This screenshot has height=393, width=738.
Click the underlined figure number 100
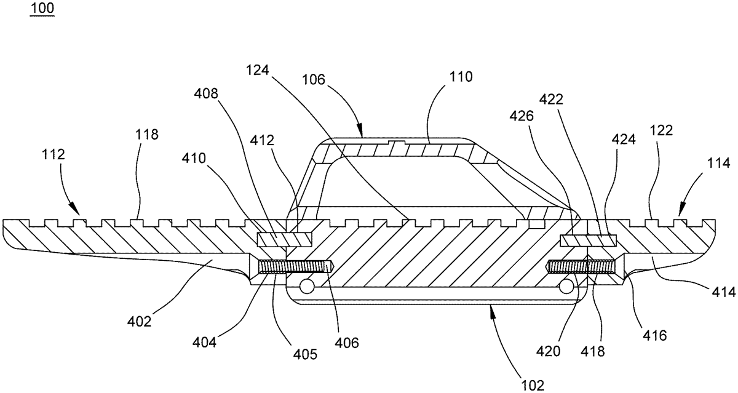42,8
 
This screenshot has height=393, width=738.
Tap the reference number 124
258,70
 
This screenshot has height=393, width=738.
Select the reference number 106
314,80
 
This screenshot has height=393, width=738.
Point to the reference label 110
461,77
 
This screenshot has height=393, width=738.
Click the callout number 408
206,94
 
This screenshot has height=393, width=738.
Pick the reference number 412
262,141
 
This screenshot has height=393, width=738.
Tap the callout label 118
146,135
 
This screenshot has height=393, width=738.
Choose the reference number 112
54,154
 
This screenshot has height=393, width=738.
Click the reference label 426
522,116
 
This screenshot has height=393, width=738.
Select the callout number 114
718,164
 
